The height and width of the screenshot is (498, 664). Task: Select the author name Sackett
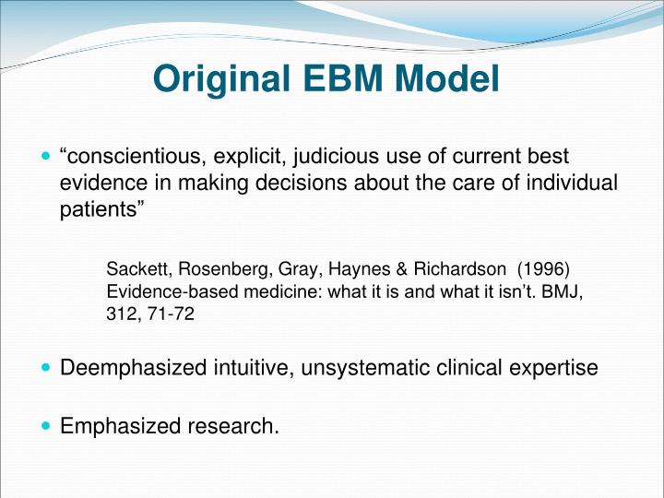136,269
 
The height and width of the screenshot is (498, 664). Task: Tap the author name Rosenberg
214,269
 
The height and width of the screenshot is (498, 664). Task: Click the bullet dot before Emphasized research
48,425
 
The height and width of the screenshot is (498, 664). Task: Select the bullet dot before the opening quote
48,158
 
